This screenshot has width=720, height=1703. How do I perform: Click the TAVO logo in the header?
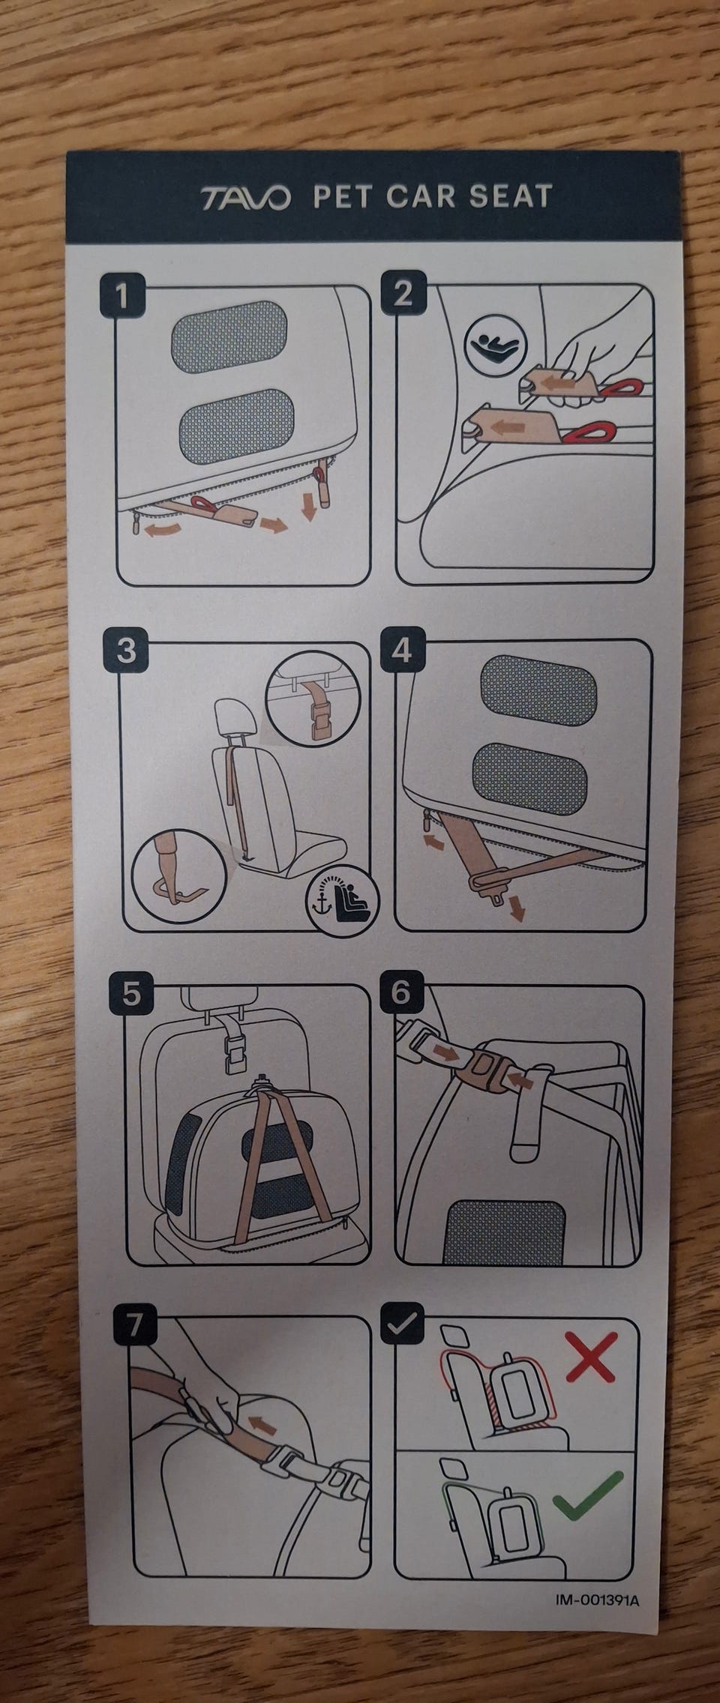(244, 199)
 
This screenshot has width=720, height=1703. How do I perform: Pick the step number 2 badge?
(403, 293)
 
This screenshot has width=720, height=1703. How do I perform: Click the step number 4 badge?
(402, 649)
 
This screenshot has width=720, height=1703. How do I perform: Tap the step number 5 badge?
(131, 995)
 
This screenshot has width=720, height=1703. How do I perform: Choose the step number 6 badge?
(400, 992)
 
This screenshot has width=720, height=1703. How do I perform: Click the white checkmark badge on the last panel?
(402, 1323)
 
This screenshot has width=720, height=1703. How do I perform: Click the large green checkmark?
(588, 1492)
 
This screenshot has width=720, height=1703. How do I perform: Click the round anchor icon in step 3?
(343, 899)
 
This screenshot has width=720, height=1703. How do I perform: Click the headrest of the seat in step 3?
(235, 722)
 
